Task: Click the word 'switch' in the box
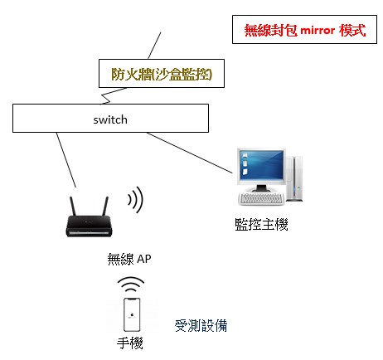pyautogui.click(x=110, y=119)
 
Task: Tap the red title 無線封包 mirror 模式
pyautogui.click(x=305, y=30)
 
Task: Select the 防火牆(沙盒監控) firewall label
pyautogui.click(x=162, y=74)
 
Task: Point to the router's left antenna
pyautogui.click(x=73, y=206)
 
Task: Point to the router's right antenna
pyautogui.click(x=105, y=206)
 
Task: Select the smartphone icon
pyautogui.click(x=132, y=314)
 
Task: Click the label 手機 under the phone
pyautogui.click(x=129, y=343)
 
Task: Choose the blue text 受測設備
pyautogui.click(x=201, y=325)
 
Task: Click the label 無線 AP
pyautogui.click(x=129, y=259)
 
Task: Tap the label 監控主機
pyautogui.click(x=261, y=224)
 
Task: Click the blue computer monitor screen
pyautogui.click(x=261, y=165)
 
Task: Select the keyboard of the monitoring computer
pyautogui.click(x=261, y=198)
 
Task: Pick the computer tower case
pyautogui.click(x=294, y=178)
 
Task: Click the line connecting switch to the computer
pyautogui.click(x=190, y=153)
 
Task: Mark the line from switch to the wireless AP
pyautogui.click(x=66, y=160)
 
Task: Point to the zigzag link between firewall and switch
pyautogui.click(x=113, y=95)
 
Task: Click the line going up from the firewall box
pyautogui.click(x=154, y=46)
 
